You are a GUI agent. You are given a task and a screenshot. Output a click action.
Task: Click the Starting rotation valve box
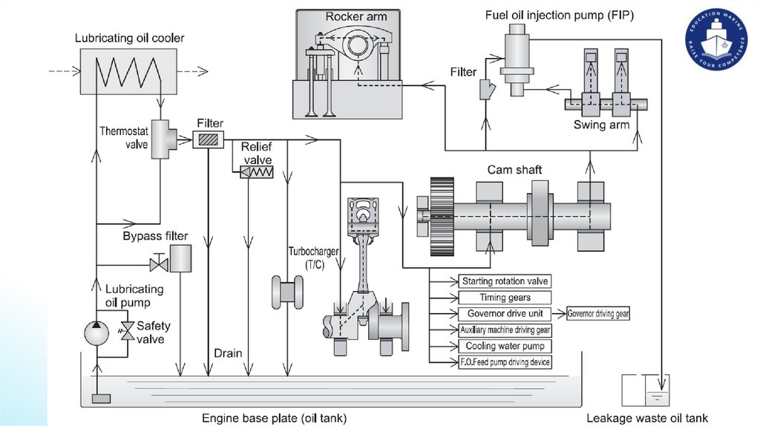pos(505,281)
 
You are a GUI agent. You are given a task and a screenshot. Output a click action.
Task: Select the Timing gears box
pos(505,298)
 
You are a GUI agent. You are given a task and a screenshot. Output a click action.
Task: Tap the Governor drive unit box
pos(505,314)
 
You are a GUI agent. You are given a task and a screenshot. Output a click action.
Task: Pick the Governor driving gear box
pos(598,314)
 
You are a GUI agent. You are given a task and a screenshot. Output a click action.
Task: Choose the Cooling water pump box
pos(505,346)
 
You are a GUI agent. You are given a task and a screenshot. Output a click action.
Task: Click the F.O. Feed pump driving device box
pos(505,362)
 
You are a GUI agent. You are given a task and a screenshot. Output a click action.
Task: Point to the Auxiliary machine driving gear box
pos(505,330)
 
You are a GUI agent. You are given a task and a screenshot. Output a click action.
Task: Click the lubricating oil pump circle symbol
pos(96,333)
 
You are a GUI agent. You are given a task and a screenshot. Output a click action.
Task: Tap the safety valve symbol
pos(128,332)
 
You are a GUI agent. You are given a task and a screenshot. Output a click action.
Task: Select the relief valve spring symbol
pos(257,172)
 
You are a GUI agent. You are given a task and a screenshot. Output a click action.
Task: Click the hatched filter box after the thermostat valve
pos(209,140)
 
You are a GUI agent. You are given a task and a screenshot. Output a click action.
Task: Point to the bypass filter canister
pos(180,258)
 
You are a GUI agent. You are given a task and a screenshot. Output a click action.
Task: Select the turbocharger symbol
pos(287,292)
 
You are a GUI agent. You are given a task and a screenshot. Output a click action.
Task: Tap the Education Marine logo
pos(717,39)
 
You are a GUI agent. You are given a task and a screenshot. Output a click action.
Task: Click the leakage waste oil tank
pos(646,390)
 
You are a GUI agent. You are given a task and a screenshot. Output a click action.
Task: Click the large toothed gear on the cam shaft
pos(442,216)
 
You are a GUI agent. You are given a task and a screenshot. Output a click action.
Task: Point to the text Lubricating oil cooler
pos(129,38)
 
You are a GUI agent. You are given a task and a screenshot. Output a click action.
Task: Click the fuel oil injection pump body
pos(517,60)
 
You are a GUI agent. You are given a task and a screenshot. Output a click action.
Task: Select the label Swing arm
pos(601,125)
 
